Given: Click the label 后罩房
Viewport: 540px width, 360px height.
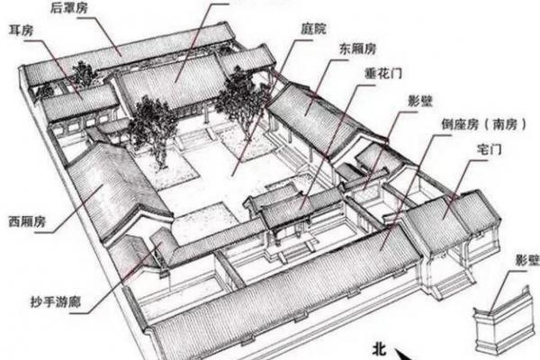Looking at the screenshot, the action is click(x=69, y=7).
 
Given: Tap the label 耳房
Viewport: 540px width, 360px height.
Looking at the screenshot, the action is click(x=22, y=31).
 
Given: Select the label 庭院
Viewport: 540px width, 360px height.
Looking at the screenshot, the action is click(x=313, y=29).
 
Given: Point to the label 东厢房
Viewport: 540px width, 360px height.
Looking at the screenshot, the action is click(x=358, y=49).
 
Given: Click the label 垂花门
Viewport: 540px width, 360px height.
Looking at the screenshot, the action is click(x=383, y=73).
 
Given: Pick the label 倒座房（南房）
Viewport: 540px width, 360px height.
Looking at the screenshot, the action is click(x=484, y=124).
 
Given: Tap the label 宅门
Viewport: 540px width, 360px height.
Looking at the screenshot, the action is click(x=489, y=149).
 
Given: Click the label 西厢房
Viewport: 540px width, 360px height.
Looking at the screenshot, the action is click(x=27, y=221).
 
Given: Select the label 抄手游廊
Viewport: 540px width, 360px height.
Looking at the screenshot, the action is click(x=56, y=301).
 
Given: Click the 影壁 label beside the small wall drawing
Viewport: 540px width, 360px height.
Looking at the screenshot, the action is click(x=527, y=260).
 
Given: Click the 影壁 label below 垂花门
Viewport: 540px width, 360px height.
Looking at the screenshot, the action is click(x=420, y=102).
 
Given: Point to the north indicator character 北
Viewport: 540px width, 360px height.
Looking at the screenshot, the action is click(x=379, y=349).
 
